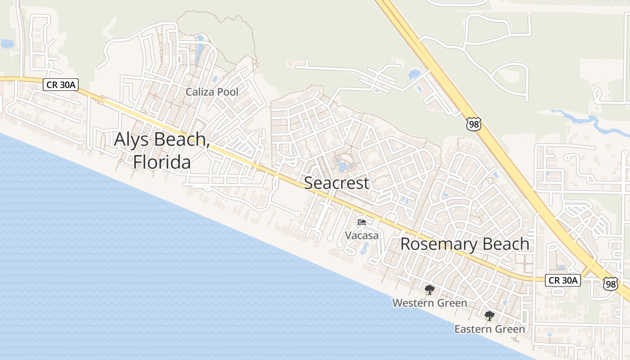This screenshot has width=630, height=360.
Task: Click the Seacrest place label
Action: [x=337, y=183]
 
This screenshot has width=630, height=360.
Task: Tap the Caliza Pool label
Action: [x=212, y=92]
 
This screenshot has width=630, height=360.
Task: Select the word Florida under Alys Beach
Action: [x=162, y=162]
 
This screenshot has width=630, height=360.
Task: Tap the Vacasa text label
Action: [x=362, y=235]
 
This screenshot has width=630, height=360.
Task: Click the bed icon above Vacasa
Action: [x=361, y=222]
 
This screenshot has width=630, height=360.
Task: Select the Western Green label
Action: [x=430, y=303]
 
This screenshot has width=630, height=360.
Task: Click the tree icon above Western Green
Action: [x=430, y=289]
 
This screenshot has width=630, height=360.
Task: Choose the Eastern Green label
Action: [x=490, y=329]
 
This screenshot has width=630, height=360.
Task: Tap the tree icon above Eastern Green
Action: [x=490, y=316]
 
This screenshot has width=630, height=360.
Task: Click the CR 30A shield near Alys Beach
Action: [x=61, y=84]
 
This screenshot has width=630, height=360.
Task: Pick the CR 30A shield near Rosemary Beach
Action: [x=563, y=280]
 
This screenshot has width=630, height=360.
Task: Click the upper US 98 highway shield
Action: [x=474, y=124]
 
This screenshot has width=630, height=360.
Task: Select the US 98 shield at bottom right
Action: [x=611, y=283]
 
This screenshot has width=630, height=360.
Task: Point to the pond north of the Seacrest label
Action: [x=343, y=166]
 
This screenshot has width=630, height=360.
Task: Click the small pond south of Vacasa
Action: [x=364, y=248]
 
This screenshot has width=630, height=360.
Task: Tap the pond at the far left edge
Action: [x=6, y=44]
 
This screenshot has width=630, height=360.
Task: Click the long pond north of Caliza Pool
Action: [x=200, y=43]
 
